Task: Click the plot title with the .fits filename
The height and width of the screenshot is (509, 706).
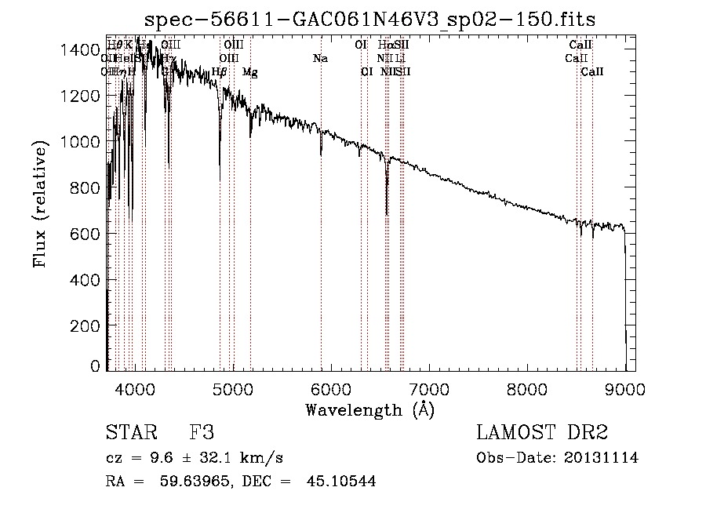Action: [370, 20]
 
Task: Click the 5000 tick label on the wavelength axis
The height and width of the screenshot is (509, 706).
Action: [233, 388]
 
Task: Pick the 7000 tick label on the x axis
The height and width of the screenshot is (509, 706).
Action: [429, 388]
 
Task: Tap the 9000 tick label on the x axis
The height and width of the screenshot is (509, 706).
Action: [625, 388]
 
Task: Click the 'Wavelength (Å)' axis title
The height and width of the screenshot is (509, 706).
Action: [369, 409]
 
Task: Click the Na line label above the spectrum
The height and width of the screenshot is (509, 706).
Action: [320, 58]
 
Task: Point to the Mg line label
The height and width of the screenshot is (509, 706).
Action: [249, 72]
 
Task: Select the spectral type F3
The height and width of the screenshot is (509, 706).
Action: [202, 433]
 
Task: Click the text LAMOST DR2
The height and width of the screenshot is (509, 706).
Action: [542, 433]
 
